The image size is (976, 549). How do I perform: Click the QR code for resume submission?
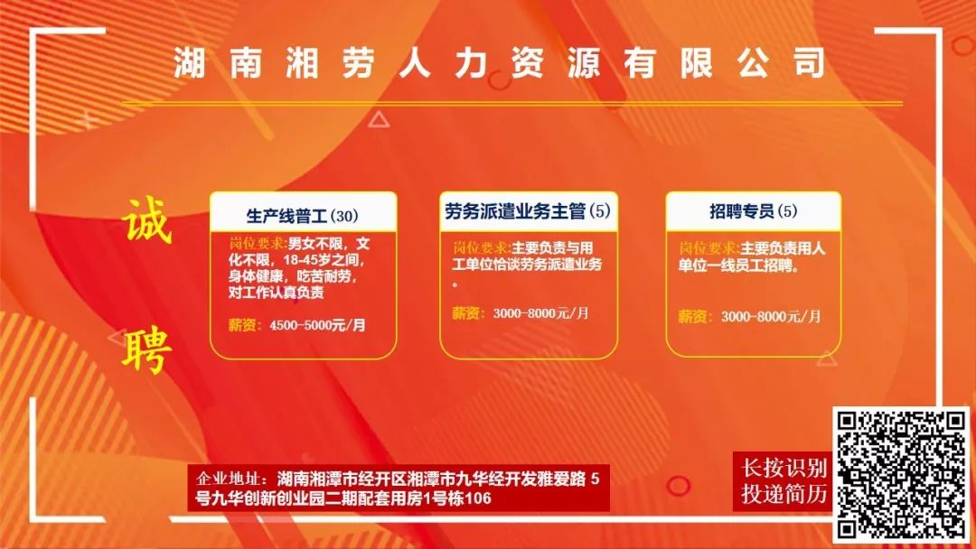(901, 475)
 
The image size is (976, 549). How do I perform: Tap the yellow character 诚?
(147, 221)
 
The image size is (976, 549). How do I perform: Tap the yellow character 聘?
(147, 350)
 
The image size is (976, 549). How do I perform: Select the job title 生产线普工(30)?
(303, 216)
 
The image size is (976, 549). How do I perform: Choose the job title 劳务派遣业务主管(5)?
(528, 211)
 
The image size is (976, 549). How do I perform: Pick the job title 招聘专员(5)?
(753, 211)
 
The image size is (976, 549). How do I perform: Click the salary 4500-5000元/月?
(317, 325)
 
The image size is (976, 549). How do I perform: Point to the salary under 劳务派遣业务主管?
(540, 313)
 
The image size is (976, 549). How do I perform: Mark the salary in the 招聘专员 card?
(771, 316)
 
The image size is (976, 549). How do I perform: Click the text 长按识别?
(784, 468)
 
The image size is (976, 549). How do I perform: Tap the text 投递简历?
(784, 494)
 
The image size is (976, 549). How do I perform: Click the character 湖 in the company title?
(190, 63)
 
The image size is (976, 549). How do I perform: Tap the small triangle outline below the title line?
(379, 119)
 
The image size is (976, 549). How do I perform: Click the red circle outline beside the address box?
(678, 486)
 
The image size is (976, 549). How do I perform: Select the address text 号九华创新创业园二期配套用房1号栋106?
(343, 498)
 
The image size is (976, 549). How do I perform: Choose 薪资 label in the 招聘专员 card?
(693, 316)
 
